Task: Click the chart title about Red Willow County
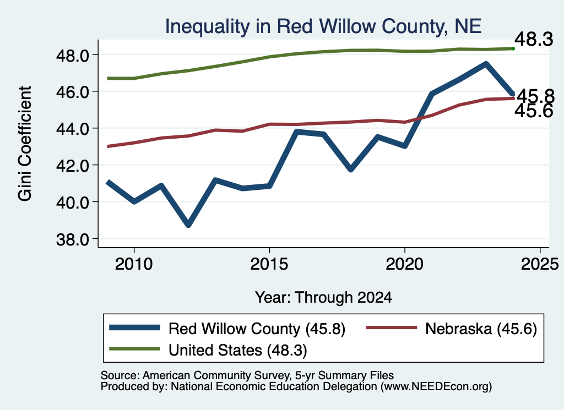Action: [x=323, y=26]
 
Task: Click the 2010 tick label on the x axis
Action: [x=134, y=265]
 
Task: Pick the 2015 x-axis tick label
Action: [x=269, y=265]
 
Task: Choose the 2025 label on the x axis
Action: [x=540, y=265]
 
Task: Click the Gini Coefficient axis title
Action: [x=25, y=144]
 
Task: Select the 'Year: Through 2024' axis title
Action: [x=323, y=298]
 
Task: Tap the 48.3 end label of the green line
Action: [x=534, y=39]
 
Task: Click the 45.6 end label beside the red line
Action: [x=534, y=111]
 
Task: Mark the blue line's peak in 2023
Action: [x=486, y=64]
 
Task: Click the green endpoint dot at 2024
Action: [x=513, y=48]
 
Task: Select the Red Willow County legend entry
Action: [x=227, y=328]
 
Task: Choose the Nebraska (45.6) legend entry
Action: [x=452, y=328]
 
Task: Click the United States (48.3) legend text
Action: [x=238, y=351]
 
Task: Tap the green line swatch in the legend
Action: [x=134, y=349]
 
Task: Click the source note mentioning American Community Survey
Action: [x=247, y=375]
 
